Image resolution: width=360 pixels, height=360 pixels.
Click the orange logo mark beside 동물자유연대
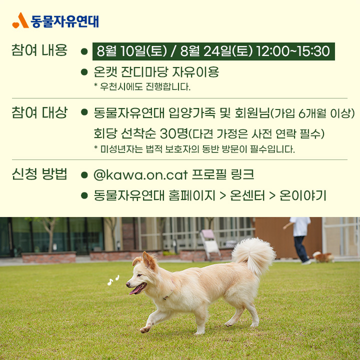point(20,20)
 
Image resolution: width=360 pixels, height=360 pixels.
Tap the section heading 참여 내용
point(39,50)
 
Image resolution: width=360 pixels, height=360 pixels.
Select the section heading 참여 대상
point(39,112)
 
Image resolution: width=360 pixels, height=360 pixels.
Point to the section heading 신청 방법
point(39,174)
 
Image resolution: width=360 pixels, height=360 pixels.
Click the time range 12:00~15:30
point(293,51)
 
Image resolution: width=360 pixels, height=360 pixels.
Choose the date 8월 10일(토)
point(132,51)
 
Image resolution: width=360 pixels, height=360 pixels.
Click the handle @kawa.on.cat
point(140,174)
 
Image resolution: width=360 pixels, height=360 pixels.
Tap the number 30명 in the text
point(174,133)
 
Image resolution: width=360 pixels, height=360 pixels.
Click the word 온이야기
point(303,195)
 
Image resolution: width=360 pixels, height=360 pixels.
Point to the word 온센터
point(247,195)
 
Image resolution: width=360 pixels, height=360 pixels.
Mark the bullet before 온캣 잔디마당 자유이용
point(84,72)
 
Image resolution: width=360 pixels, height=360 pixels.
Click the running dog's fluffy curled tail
point(253,255)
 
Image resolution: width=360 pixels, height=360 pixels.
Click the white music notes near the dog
point(113,280)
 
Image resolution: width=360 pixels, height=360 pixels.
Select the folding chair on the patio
point(210,244)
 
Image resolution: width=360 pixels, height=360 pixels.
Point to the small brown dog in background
point(323,257)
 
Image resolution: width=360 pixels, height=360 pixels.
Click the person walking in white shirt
point(298,240)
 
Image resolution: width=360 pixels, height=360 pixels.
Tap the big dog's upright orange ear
point(149,261)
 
